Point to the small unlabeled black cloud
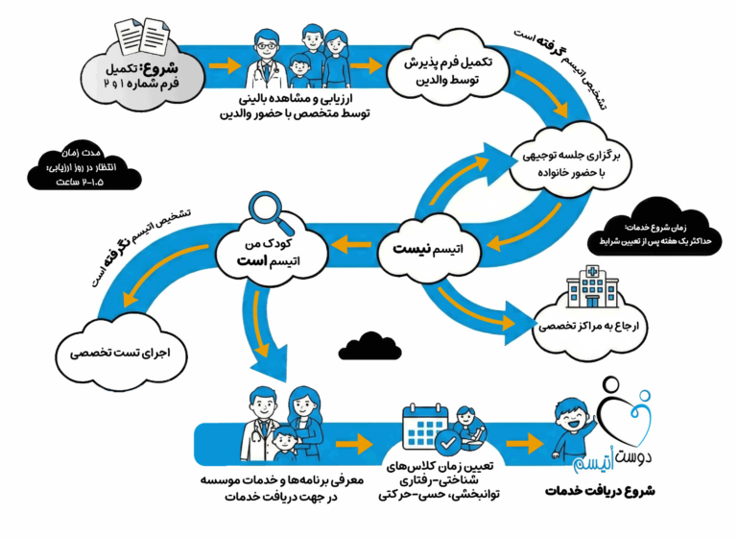(362, 343)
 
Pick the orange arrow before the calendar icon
(357, 445)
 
